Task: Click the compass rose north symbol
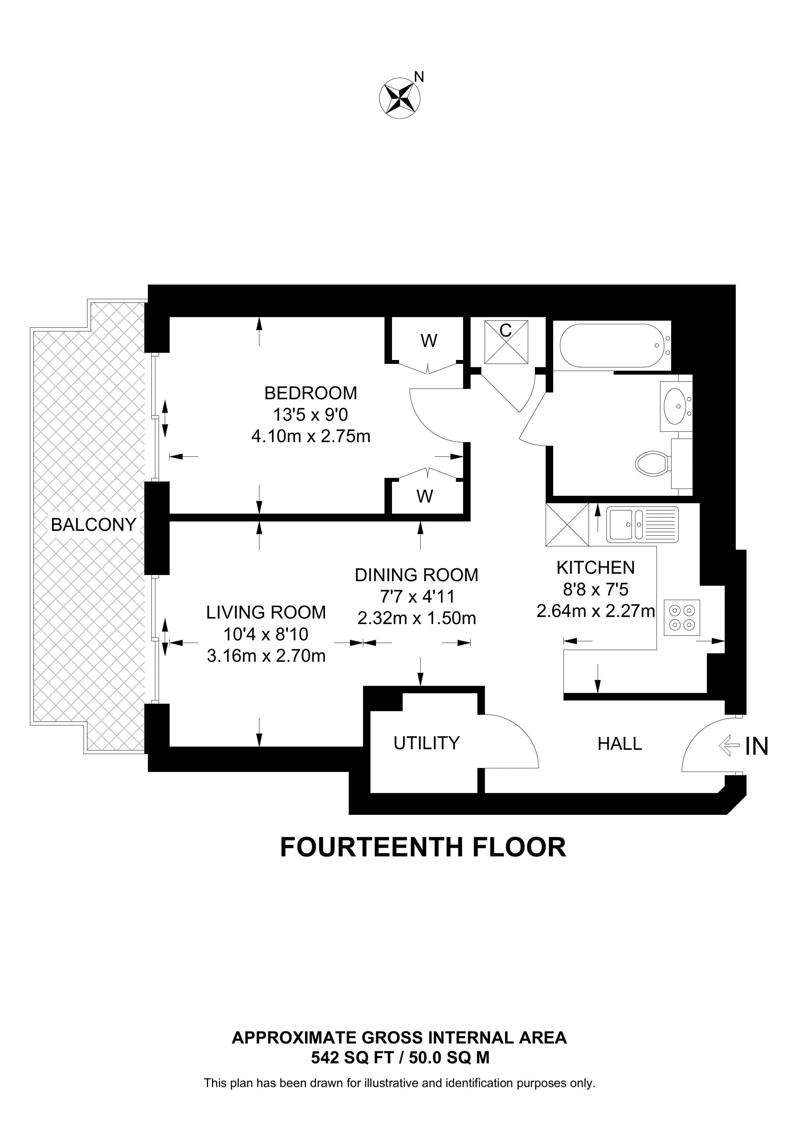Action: tap(400, 98)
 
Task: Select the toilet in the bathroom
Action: tap(652, 464)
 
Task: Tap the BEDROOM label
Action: tap(310, 393)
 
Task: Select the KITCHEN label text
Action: tap(595, 568)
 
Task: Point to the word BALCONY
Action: tap(93, 524)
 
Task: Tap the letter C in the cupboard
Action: tap(506, 331)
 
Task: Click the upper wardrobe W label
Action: tap(429, 341)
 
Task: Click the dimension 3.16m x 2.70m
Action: tap(266, 656)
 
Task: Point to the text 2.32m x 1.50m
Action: tap(416, 618)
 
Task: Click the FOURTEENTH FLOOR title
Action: tap(423, 847)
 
